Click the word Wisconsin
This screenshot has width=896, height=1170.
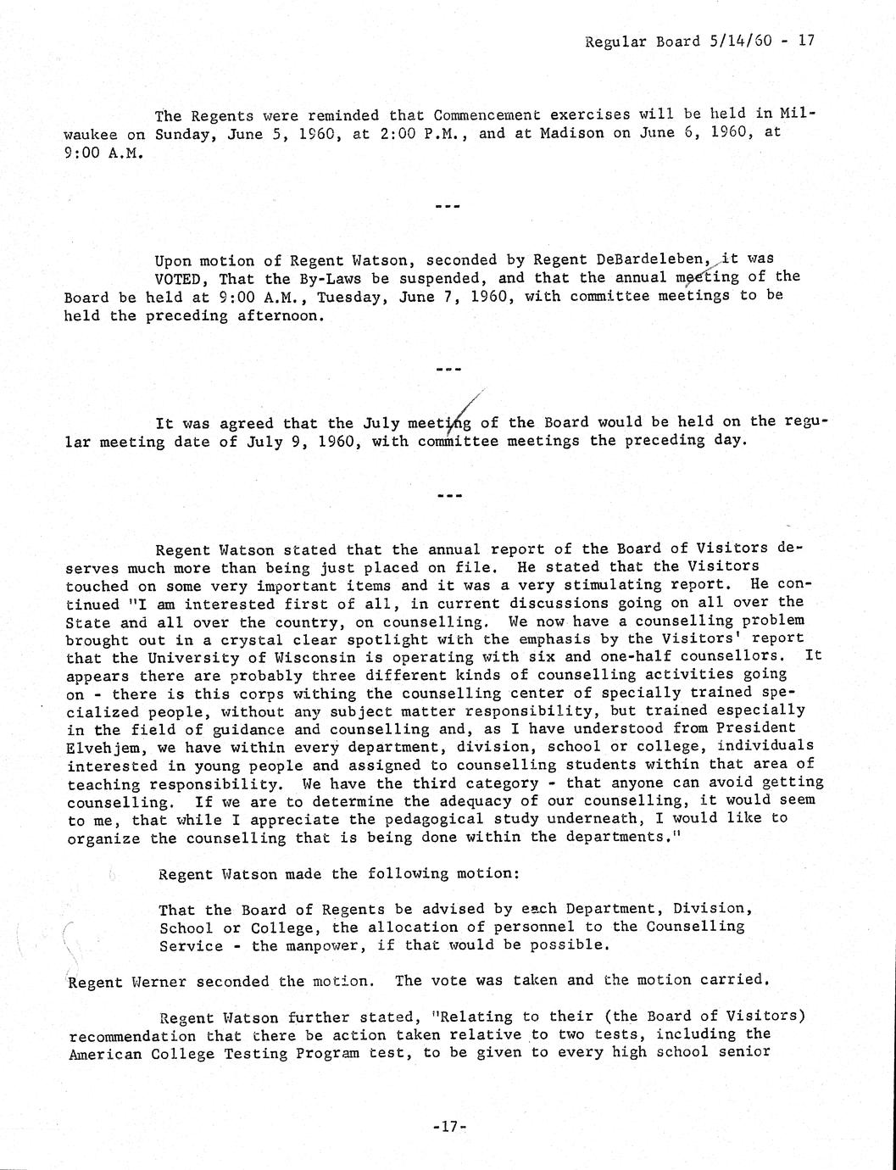(302, 658)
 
